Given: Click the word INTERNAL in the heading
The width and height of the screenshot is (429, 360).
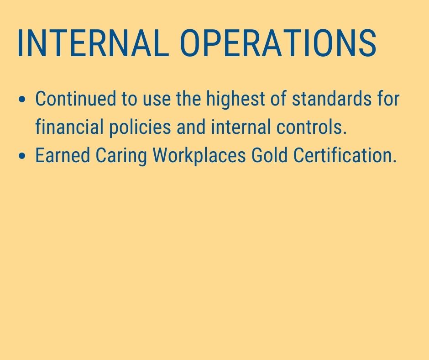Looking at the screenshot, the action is tap(93, 43).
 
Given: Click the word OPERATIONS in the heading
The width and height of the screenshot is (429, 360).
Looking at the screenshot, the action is tap(278, 43).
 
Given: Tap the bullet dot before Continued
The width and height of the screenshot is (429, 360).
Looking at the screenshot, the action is tap(22, 99).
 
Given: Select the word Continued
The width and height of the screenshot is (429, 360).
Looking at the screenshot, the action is tap(76, 98).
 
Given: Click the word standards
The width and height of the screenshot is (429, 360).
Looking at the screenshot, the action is tap(332, 98).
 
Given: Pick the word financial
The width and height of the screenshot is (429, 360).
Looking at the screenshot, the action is tap(69, 127).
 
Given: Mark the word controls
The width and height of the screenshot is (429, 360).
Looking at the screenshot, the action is tap(311, 127).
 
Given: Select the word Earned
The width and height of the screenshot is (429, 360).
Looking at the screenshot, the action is tap(63, 155).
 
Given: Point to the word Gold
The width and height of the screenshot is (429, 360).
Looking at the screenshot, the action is tap(269, 155).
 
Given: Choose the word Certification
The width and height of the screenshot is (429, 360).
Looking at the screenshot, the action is tap(345, 155).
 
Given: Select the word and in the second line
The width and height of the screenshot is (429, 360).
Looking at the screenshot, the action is tap(191, 127).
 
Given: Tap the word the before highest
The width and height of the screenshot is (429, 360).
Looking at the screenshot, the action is tap(188, 98).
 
